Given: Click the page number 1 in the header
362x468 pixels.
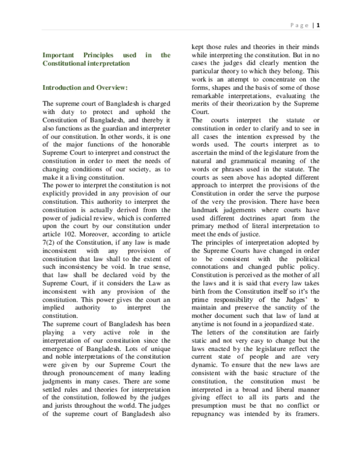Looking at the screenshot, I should (x=319, y=25).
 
